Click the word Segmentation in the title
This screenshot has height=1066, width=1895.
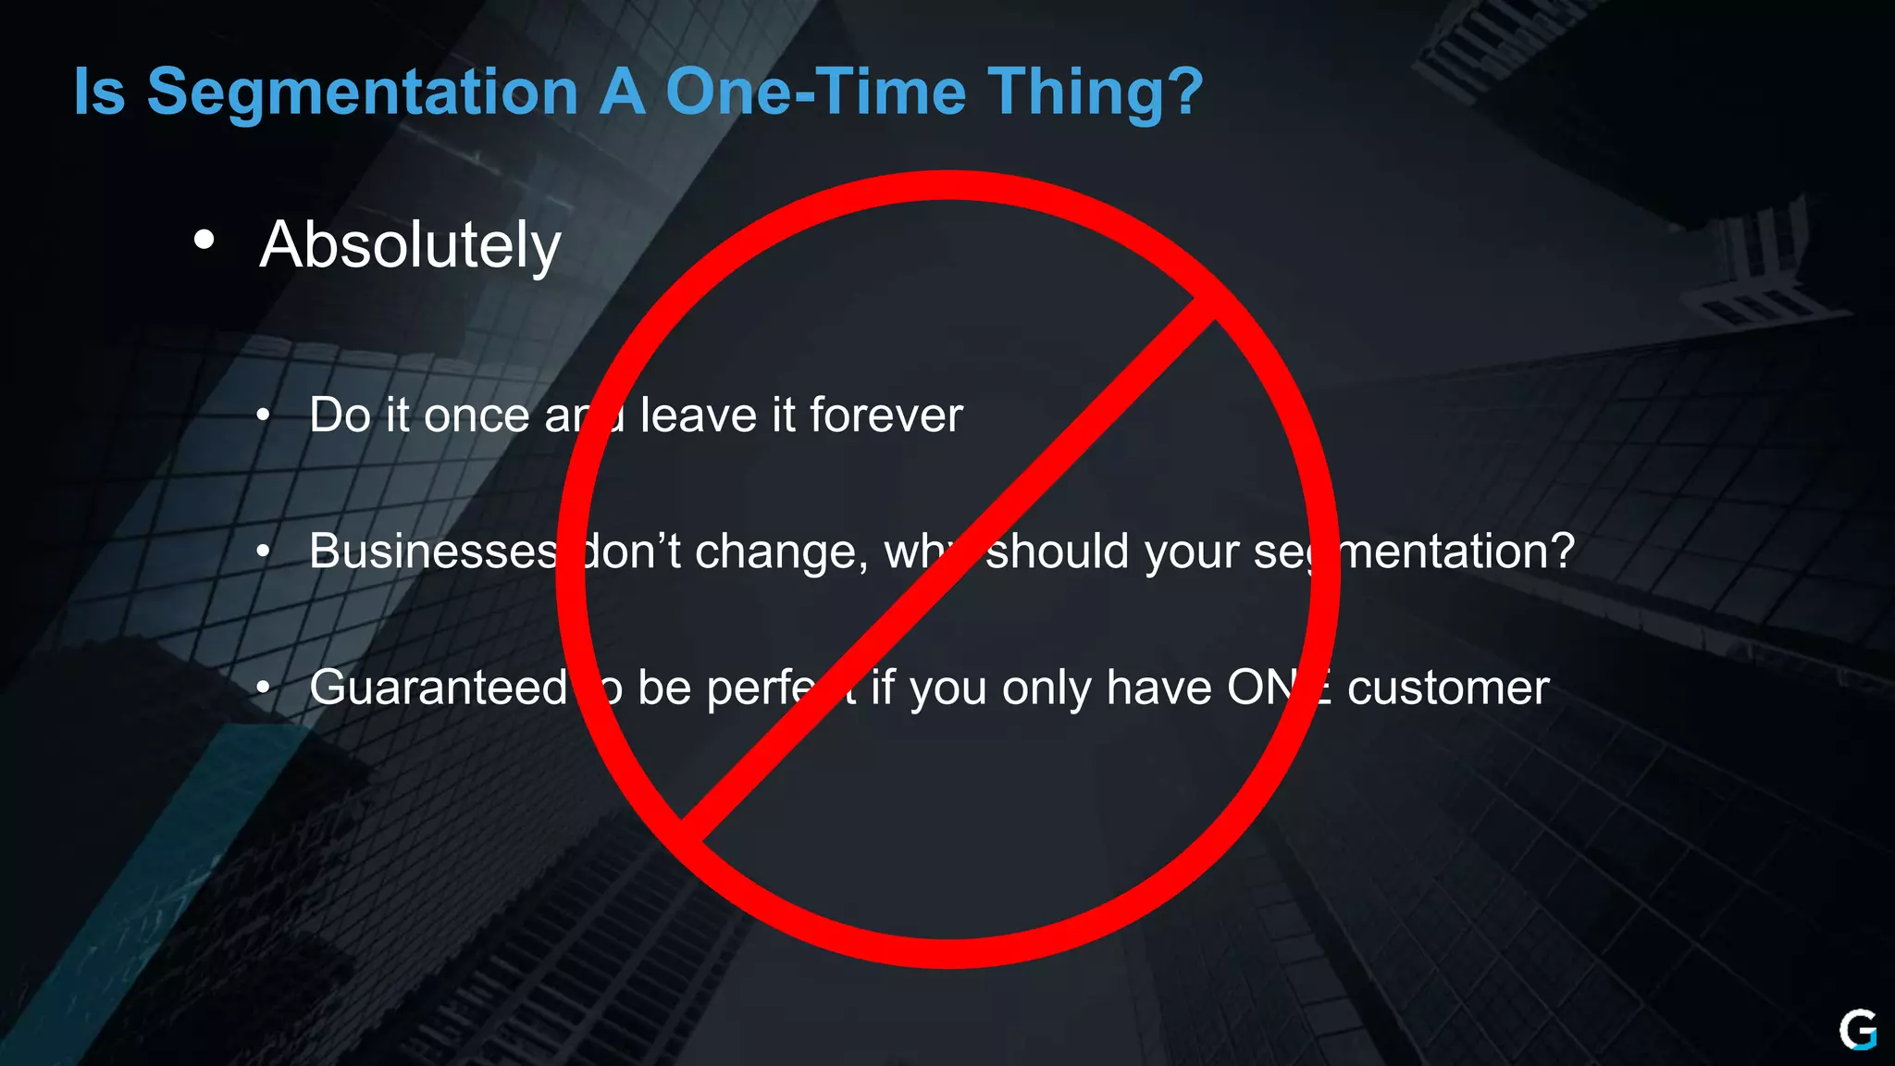[363, 93]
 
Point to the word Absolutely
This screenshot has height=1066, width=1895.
[410, 246]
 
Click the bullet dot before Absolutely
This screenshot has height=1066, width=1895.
[204, 241]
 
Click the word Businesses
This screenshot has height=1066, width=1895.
[433, 552]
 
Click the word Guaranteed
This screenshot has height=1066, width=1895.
[439, 688]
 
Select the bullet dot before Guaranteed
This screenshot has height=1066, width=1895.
[264, 688]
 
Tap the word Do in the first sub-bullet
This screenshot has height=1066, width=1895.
[340, 415]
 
